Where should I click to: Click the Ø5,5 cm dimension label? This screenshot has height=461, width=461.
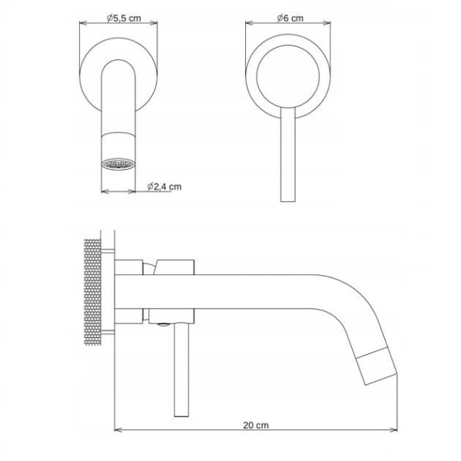click(x=124, y=18)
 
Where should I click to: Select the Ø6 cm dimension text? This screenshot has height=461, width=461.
click(x=290, y=18)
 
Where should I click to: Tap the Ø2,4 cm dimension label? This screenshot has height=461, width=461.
click(x=164, y=187)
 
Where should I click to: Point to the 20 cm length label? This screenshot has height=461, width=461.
click(x=256, y=425)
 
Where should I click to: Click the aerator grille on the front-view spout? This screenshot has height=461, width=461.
click(x=118, y=164)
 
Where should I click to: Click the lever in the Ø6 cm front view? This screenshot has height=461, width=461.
click(x=288, y=154)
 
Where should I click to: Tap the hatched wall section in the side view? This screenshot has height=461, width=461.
click(x=93, y=293)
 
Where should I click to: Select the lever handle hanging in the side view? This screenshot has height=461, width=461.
click(x=181, y=370)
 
